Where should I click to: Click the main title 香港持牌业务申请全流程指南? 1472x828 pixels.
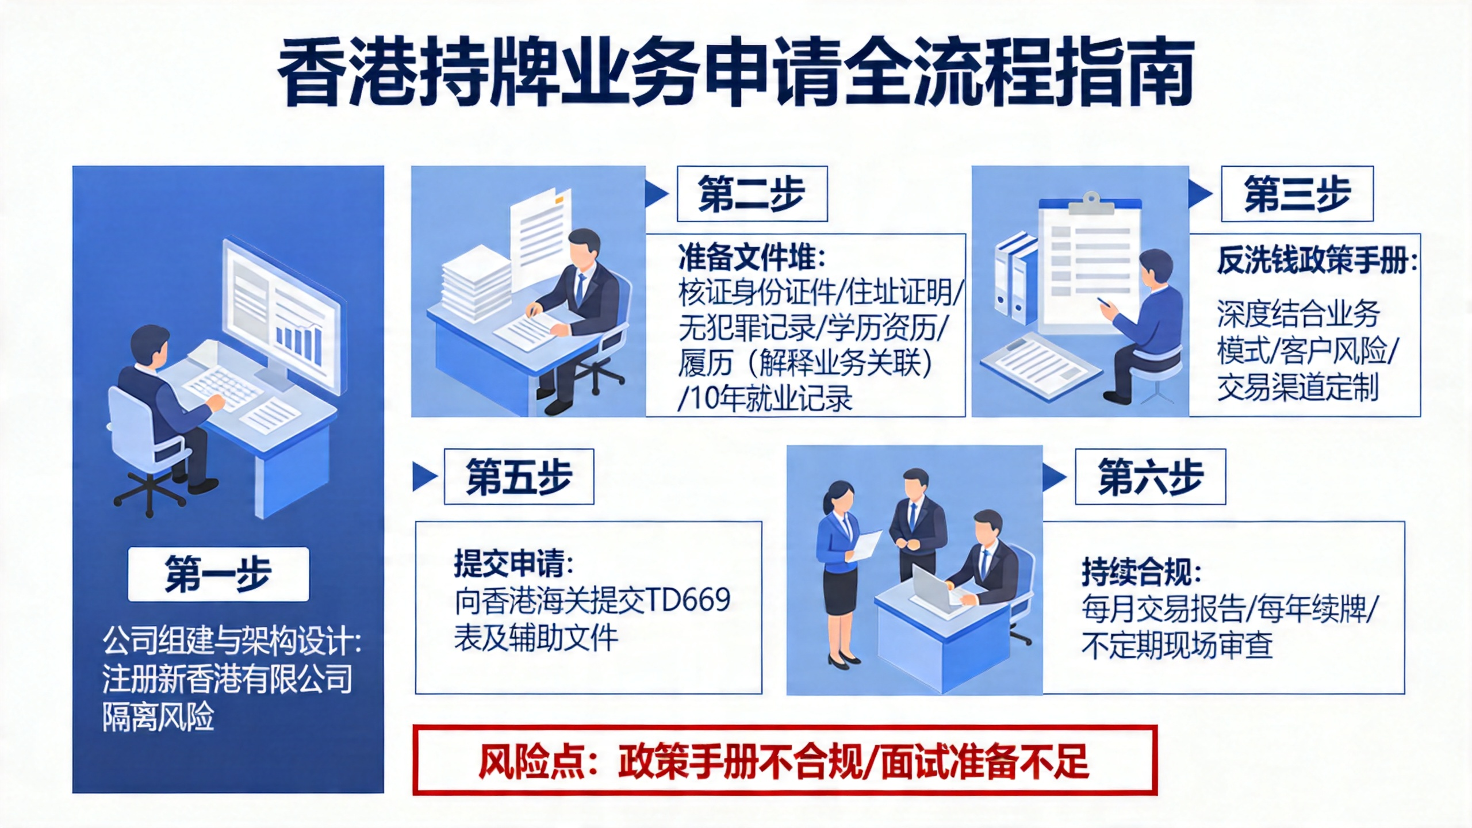736,72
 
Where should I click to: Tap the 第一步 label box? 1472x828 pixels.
218,574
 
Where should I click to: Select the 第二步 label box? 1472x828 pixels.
752,194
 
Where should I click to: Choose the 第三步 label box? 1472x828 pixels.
1297,194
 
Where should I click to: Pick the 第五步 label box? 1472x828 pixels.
519,477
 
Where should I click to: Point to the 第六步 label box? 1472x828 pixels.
1151,477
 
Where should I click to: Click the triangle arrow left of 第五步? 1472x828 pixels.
425,477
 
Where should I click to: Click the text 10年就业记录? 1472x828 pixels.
770,398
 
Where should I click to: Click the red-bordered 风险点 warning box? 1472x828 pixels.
784,760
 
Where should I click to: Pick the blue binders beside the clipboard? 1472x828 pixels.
1015,277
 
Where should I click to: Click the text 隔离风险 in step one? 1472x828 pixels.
158,716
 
